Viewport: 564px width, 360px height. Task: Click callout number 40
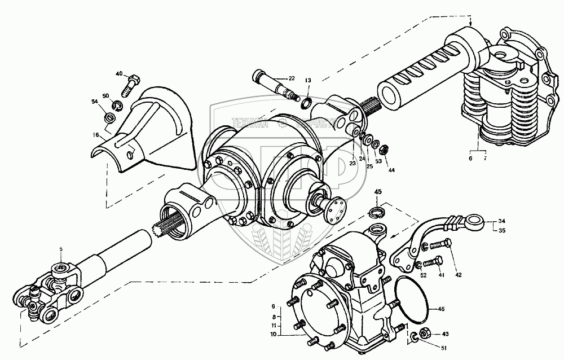119,74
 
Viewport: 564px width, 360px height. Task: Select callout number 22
292,78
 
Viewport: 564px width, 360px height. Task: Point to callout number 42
458,275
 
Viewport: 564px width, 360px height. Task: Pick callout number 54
94,101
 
